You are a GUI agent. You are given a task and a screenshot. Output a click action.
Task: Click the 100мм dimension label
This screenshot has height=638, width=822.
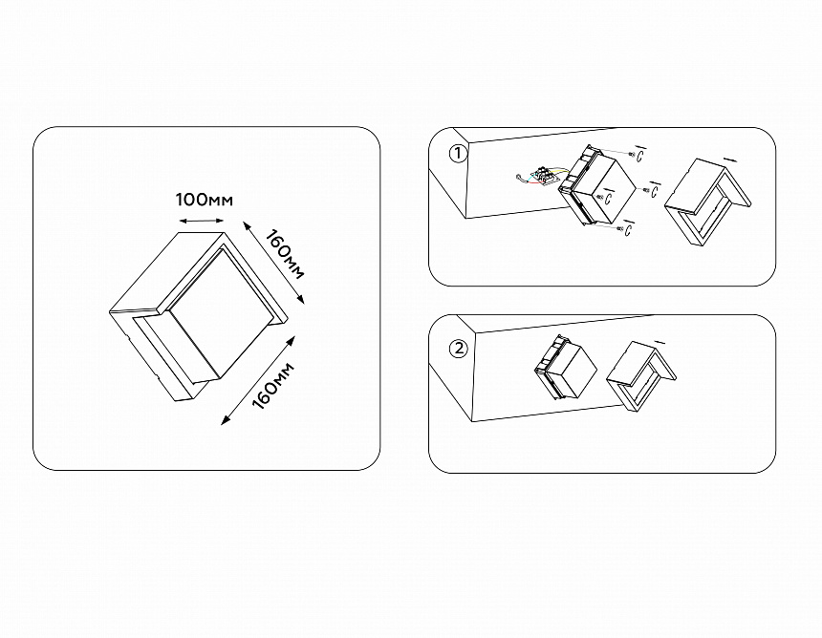[x=204, y=201]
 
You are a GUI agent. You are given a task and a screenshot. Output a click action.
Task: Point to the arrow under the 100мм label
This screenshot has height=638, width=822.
[x=202, y=220]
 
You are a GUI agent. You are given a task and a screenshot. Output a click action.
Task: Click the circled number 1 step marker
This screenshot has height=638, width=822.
[x=458, y=155]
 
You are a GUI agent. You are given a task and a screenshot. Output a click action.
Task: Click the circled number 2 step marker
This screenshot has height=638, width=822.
[x=458, y=349]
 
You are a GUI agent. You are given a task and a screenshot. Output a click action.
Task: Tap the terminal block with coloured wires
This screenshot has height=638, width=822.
[x=545, y=176]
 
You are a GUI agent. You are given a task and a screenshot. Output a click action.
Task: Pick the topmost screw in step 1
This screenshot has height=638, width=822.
[x=633, y=155]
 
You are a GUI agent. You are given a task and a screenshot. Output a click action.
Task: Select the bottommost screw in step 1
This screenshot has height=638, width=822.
[x=621, y=229]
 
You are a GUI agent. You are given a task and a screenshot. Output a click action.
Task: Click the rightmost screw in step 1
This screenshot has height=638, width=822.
[x=647, y=190]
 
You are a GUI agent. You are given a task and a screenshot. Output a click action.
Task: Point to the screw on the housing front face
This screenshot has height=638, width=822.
[x=599, y=197]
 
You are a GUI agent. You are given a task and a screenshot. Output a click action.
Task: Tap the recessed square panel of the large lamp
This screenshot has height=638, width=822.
[x=222, y=313]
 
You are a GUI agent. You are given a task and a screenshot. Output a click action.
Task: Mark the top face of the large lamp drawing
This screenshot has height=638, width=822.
[x=167, y=273]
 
